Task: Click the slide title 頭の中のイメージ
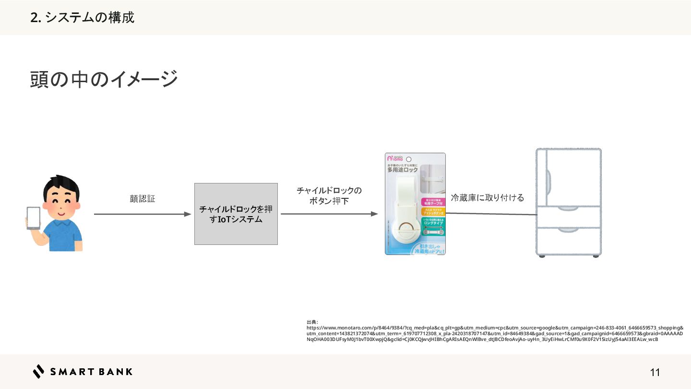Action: tap(104, 79)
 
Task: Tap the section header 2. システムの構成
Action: tap(82, 18)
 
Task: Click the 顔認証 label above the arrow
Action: tap(143, 199)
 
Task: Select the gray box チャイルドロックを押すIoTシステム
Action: tap(236, 214)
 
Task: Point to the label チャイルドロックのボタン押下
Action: tap(329, 196)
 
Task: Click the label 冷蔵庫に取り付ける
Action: tap(487, 198)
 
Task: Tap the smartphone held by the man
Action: tap(33, 218)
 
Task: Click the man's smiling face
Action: tap(60, 202)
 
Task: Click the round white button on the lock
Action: tap(405, 230)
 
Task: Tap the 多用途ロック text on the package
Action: tap(403, 170)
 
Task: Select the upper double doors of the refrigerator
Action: tap(569, 176)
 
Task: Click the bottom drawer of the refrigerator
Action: tap(569, 241)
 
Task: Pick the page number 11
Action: tap(655, 372)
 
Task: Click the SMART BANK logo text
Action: tap(91, 372)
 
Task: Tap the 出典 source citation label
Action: tap(311, 322)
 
